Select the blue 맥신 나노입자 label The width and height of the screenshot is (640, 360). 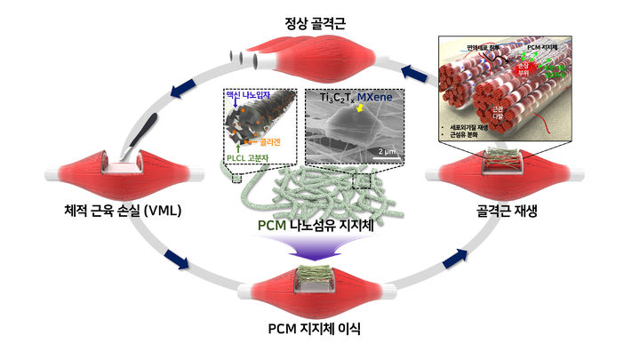point(254,92)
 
